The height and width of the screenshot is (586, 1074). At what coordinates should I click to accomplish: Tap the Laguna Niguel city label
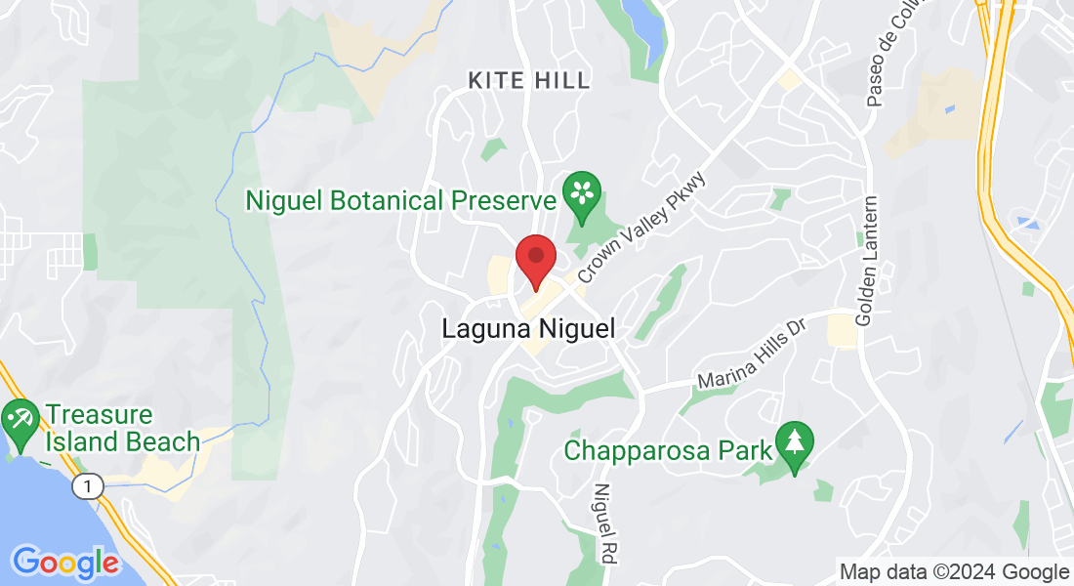tap(528, 329)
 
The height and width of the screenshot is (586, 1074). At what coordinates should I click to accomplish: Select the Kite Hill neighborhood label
tap(529, 80)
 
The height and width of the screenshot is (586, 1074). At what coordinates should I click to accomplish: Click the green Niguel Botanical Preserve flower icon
tap(583, 190)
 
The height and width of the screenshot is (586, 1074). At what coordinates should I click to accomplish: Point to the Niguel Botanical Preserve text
tap(400, 201)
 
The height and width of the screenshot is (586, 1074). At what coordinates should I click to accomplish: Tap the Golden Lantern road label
tap(867, 261)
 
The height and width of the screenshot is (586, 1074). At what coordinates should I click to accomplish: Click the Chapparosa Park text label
tap(669, 451)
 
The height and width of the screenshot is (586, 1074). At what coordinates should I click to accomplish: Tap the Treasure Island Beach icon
tap(20, 419)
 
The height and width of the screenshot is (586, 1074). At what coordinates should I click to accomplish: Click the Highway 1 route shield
tap(91, 486)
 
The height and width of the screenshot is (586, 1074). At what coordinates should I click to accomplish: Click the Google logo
tap(64, 563)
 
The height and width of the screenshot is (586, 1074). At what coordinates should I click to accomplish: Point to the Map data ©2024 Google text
tap(954, 571)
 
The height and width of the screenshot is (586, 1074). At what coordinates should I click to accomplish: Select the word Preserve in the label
tap(503, 201)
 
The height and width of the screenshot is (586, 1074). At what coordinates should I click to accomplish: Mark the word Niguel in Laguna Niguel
tap(572, 329)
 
